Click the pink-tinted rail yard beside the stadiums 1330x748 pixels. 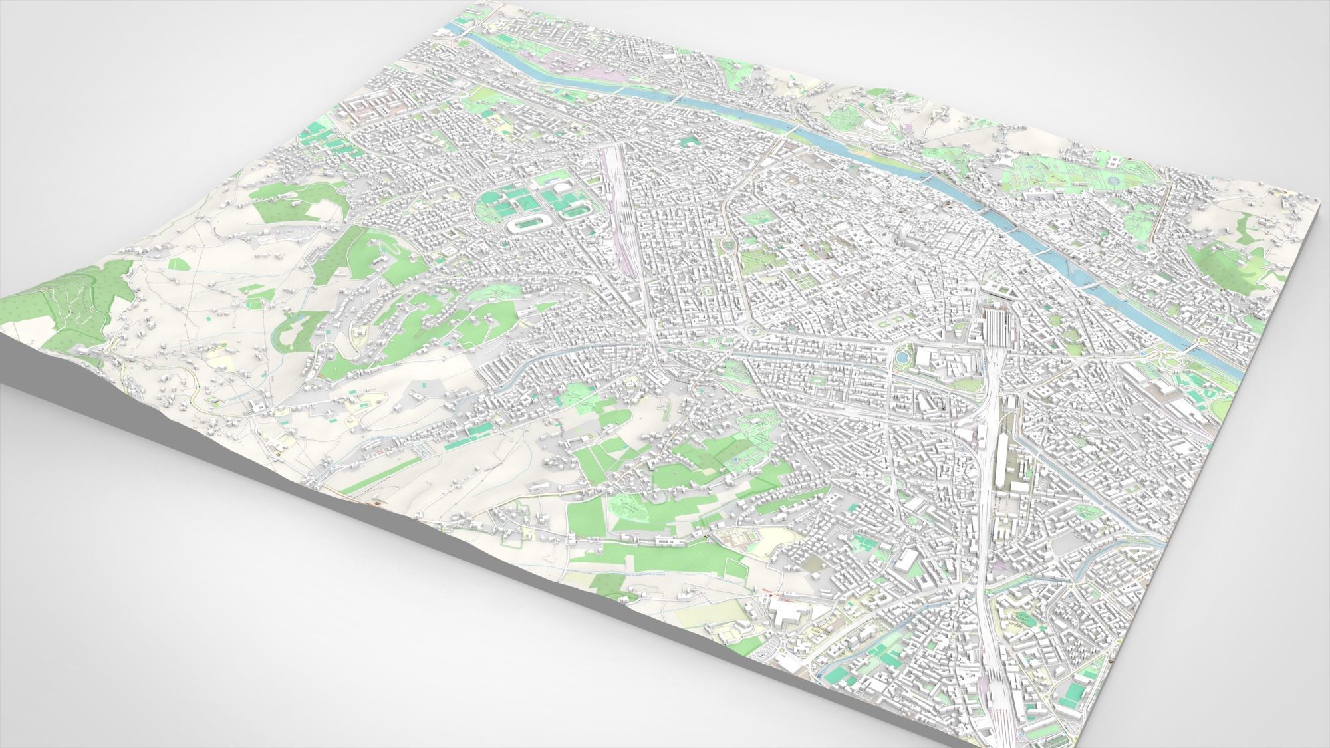coord(616,199)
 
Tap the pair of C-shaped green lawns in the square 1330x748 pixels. coord(890,323)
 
